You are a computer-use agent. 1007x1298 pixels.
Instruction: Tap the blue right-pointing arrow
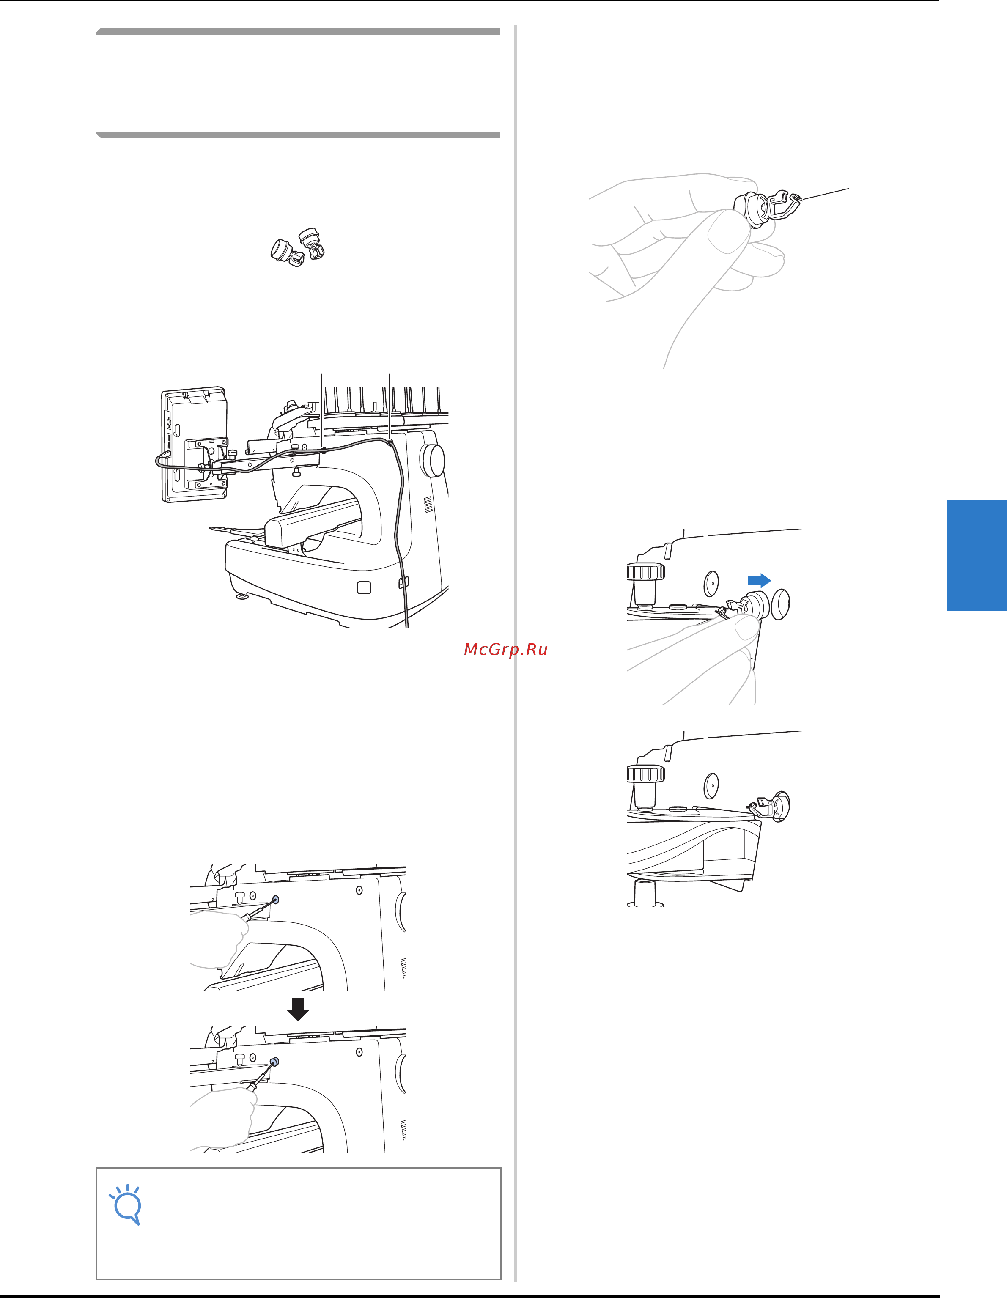759,580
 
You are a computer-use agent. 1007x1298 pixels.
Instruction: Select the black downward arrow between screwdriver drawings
297,1009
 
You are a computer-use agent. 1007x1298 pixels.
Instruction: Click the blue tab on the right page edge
977,555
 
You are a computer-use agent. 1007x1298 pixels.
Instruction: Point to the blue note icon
126,1204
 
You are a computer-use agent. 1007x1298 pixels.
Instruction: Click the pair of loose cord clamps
298,247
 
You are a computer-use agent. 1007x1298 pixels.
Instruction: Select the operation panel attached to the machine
195,445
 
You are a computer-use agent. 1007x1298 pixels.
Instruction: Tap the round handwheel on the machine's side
432,459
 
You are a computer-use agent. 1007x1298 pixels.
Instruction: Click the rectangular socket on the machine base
364,588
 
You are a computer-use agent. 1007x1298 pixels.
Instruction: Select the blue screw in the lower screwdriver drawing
274,1062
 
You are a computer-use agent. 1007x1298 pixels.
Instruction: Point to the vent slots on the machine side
428,505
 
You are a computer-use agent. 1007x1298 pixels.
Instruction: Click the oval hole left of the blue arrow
711,584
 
